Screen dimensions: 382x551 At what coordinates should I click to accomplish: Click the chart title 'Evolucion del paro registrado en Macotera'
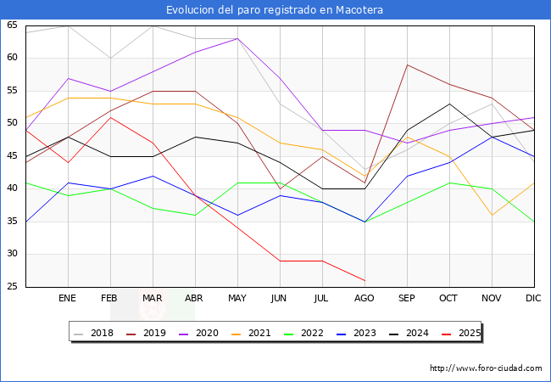tap(275, 10)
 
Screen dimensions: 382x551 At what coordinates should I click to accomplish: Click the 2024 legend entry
tap(417, 333)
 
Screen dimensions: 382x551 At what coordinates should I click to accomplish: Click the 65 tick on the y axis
tap(12, 25)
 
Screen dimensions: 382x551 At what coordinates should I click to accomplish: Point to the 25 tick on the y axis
tap(12, 287)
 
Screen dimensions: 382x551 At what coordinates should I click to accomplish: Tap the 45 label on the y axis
tap(12, 156)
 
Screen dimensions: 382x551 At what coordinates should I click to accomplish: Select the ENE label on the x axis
tap(68, 299)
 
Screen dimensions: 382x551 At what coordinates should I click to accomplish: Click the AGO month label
tap(365, 299)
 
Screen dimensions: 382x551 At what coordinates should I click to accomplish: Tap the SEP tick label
tap(407, 299)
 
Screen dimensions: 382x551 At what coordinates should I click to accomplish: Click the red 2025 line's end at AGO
tap(365, 280)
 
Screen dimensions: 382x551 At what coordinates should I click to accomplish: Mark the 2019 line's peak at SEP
tap(407, 65)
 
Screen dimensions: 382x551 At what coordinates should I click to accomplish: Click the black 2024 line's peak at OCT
tap(449, 104)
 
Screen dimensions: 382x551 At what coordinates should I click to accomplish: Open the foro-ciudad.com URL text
tap(486, 368)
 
